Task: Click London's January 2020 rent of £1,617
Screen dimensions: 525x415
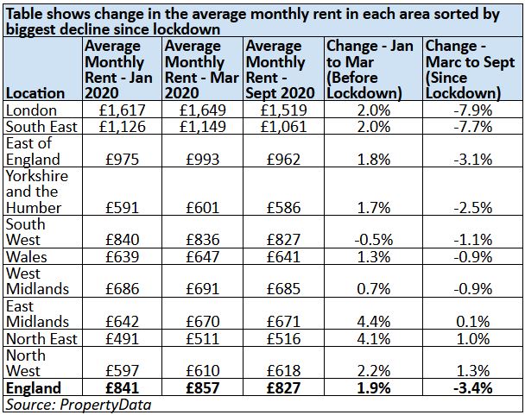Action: pos(123,110)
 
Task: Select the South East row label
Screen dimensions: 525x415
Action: pos(41,127)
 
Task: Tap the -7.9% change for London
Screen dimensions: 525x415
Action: pos(473,110)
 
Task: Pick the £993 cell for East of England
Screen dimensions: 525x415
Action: pos(203,159)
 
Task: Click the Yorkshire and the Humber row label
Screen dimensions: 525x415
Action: pos(37,192)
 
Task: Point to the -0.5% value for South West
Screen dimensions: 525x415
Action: pos(374,240)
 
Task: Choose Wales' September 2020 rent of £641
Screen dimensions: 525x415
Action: pos(283,257)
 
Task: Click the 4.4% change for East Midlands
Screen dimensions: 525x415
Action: pos(374,322)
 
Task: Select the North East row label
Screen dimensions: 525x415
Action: pos(41,339)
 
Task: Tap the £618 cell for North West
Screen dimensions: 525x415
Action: pos(283,370)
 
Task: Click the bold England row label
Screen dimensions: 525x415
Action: pos(34,388)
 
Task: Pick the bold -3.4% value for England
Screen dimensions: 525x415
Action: pos(473,388)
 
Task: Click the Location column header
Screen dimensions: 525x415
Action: pos(35,93)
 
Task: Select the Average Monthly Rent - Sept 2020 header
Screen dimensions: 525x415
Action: pos(280,70)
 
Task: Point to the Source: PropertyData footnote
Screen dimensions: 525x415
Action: pos(79,405)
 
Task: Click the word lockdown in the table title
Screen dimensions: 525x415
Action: pos(187,29)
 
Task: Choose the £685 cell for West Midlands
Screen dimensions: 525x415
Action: pos(283,289)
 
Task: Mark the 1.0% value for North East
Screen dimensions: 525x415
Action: pos(473,339)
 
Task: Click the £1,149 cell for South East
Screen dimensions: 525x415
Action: pos(203,127)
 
